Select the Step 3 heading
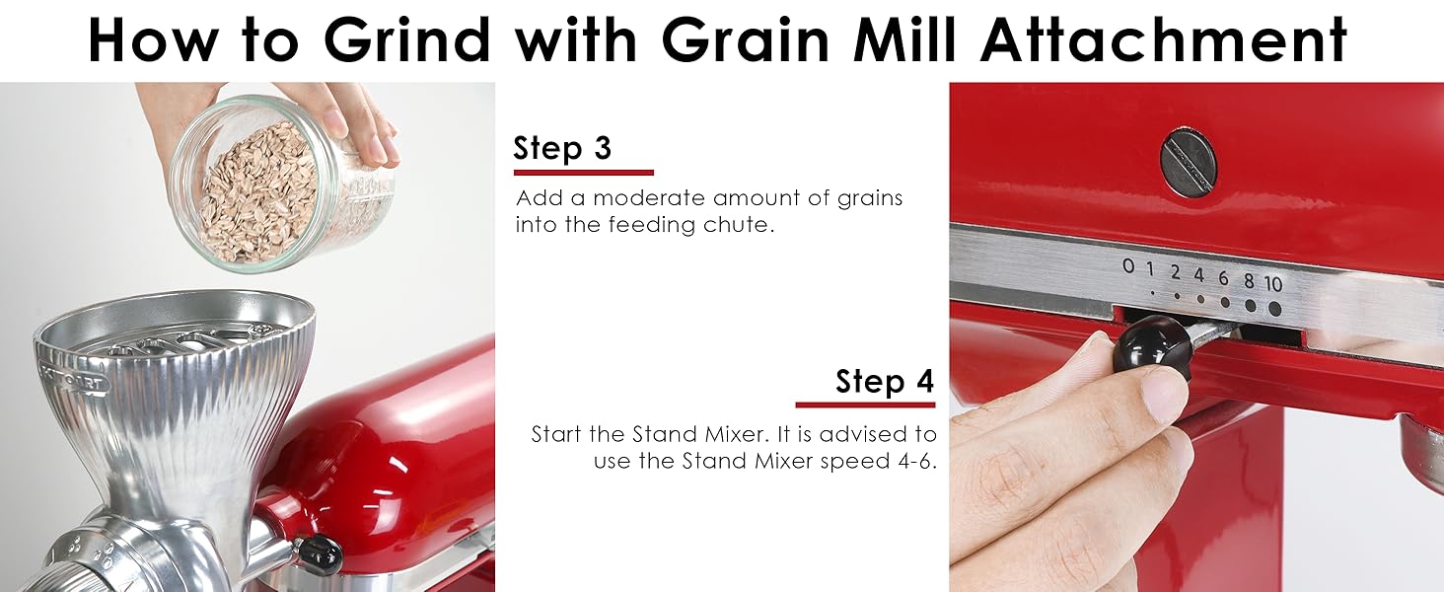[562, 148]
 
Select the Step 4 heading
[884, 381]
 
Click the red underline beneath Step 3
[583, 173]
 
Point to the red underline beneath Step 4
[865, 405]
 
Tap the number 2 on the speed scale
[1175, 271]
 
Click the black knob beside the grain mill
[319, 554]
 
